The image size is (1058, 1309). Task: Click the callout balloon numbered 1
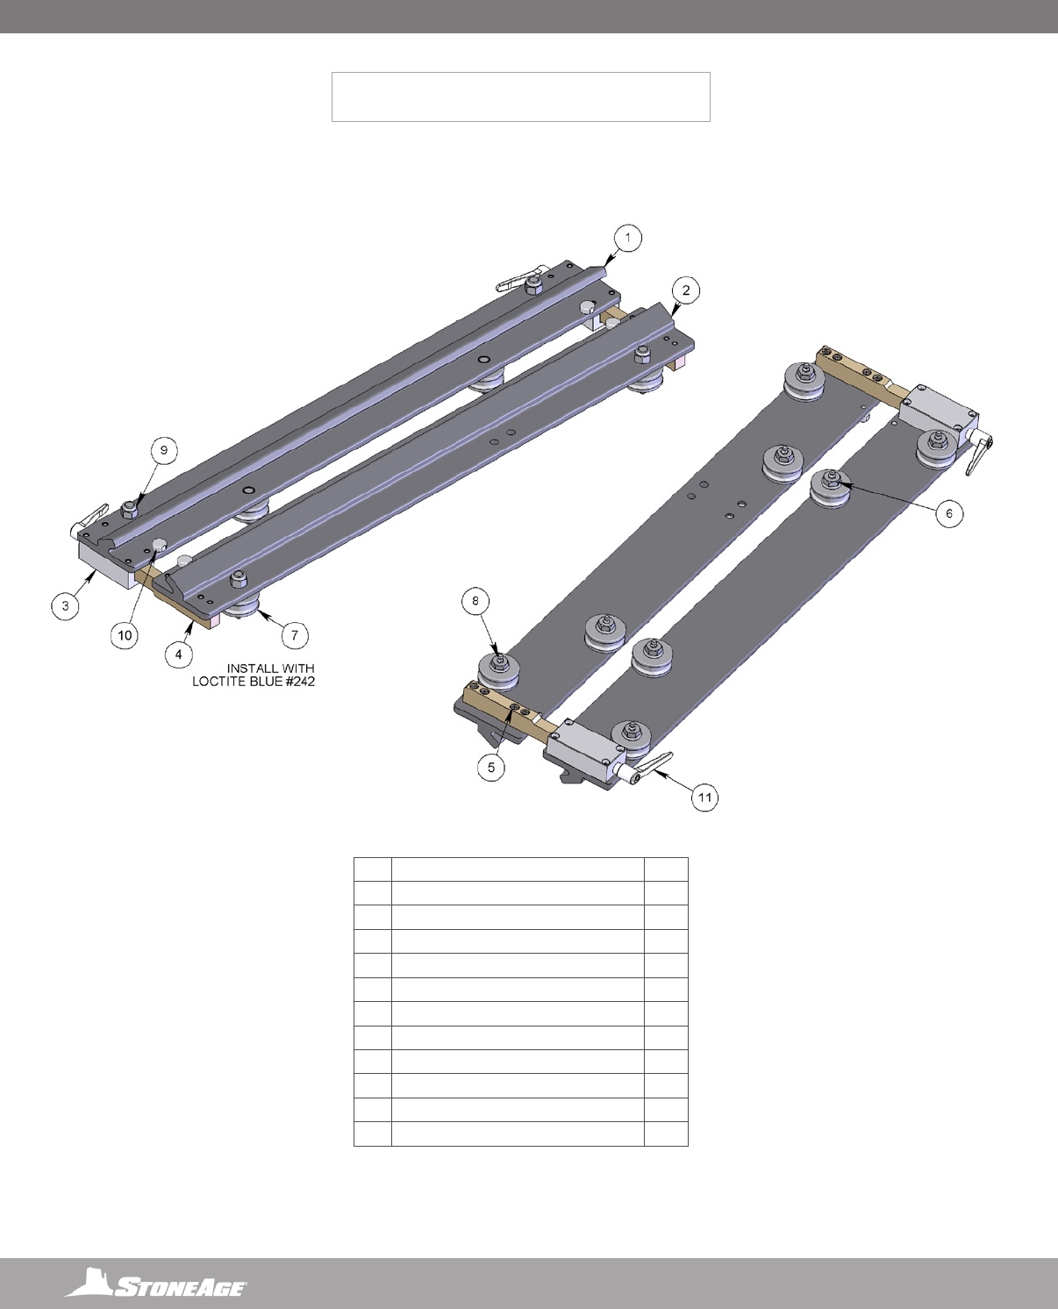point(628,238)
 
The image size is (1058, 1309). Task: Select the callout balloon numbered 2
point(686,290)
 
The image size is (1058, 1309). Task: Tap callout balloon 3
point(65,606)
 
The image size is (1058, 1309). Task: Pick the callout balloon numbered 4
point(179,654)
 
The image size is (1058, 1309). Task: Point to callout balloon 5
point(491,768)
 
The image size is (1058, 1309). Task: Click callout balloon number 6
point(949,513)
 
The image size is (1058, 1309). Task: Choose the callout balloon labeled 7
point(295,635)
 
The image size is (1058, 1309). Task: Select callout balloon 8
point(475,601)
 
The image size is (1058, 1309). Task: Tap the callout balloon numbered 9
point(164,450)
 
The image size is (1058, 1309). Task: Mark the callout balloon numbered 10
point(125,635)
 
